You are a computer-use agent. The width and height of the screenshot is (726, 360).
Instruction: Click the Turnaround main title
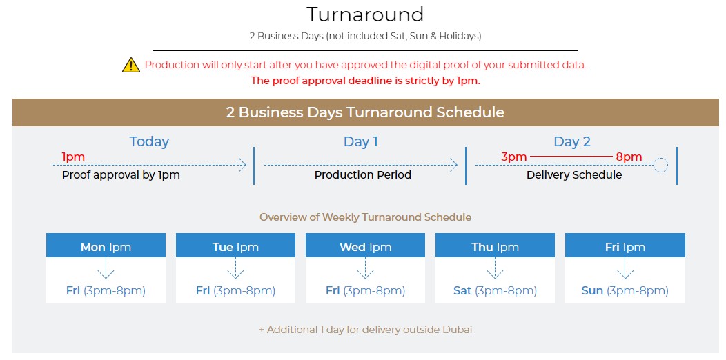(365, 14)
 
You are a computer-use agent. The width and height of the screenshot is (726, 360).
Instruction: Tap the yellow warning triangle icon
(131, 66)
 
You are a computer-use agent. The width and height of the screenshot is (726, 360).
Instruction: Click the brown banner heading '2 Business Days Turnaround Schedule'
(365, 112)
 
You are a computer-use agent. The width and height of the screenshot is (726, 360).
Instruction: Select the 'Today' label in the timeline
(149, 141)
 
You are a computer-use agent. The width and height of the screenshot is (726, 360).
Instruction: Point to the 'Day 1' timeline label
(361, 141)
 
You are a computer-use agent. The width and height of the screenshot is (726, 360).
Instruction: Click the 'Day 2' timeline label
(572, 141)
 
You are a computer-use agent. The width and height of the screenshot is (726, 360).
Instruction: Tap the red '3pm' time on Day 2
(514, 157)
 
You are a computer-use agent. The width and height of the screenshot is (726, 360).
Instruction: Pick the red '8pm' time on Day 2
(629, 157)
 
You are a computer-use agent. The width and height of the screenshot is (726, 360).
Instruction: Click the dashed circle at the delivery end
(660, 166)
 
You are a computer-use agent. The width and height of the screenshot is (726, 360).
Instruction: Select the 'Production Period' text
(363, 175)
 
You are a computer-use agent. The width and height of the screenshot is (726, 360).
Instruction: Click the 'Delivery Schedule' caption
(574, 175)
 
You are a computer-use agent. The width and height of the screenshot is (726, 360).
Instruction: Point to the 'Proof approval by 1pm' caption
(121, 175)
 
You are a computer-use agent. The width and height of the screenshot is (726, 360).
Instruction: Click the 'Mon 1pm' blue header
(106, 247)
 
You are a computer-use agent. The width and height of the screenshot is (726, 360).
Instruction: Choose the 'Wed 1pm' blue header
(365, 247)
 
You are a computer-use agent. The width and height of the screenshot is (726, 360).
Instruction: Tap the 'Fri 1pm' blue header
(625, 247)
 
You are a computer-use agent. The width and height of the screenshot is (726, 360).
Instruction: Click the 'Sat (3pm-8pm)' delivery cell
(495, 291)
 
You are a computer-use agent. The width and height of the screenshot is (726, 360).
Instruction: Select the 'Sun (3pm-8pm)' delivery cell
(625, 291)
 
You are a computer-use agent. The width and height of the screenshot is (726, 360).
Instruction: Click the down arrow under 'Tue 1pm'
(235, 268)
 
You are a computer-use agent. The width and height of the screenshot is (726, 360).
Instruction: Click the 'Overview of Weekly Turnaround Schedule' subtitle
(365, 217)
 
